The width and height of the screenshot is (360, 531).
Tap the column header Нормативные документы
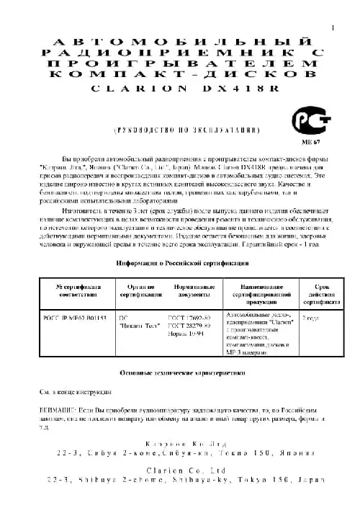194,291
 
